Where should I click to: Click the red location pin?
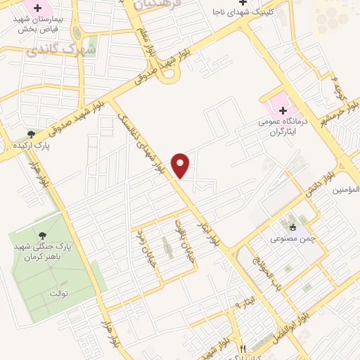[181, 165]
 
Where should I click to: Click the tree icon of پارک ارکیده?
[31, 134]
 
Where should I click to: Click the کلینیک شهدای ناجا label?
[242, 12]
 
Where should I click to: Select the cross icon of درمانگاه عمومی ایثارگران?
[283, 110]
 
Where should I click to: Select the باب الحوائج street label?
[259, 274]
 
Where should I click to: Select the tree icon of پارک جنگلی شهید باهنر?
[44, 236]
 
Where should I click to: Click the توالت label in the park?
[58, 292]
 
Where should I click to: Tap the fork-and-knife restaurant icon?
[243, 348]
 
